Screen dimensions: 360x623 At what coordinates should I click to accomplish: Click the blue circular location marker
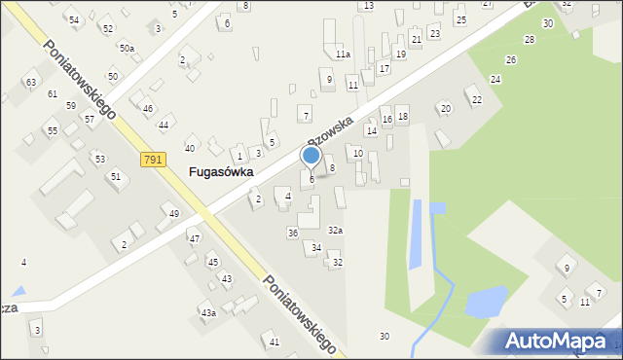(311, 155)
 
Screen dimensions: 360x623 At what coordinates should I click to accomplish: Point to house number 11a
(342, 54)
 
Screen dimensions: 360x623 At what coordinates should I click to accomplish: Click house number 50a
(128, 48)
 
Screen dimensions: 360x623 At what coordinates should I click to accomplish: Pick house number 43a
(208, 312)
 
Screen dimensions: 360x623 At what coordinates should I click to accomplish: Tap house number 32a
(335, 231)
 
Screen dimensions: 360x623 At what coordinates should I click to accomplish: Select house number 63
(31, 83)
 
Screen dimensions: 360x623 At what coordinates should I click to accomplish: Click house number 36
(292, 233)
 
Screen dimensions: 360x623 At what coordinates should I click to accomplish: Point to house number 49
(174, 214)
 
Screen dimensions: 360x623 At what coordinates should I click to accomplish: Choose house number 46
(148, 108)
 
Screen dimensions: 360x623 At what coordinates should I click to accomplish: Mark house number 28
(529, 40)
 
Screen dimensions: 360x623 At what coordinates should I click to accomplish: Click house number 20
(445, 108)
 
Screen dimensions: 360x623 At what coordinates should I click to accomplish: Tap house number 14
(371, 130)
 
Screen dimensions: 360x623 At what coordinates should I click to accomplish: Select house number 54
(74, 19)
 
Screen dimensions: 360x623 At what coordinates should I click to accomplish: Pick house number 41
(275, 342)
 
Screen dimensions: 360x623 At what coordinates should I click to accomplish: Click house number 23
(434, 34)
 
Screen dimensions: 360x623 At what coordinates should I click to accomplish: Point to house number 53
(99, 158)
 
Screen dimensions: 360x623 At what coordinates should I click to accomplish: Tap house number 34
(316, 248)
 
